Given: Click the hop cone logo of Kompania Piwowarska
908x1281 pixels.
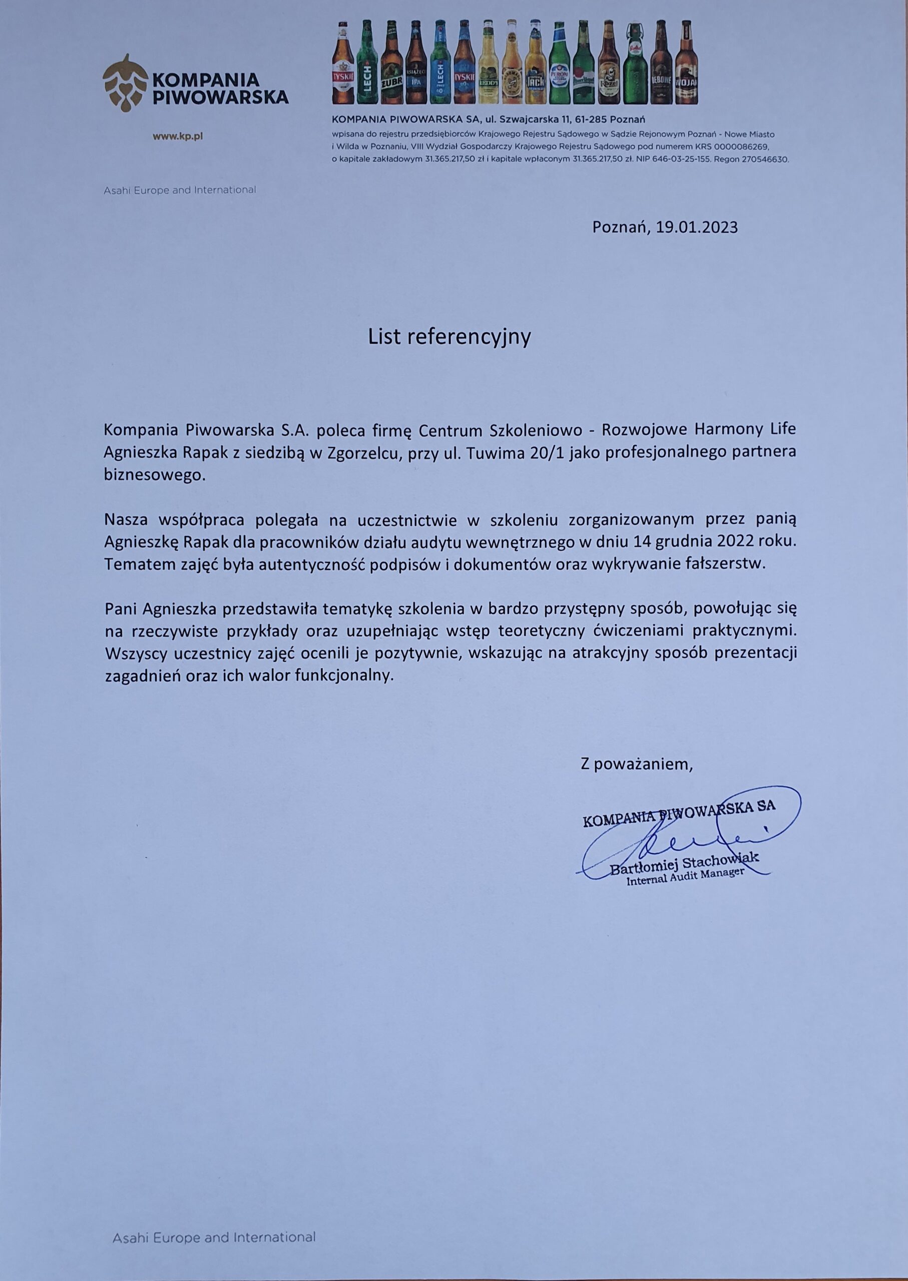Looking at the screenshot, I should point(124,83).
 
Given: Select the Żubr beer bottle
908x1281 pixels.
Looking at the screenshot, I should point(391,64).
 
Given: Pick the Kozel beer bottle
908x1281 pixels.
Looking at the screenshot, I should point(608,64).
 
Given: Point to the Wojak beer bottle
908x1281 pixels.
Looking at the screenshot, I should point(686,64).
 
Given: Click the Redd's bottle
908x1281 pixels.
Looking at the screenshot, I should point(488,64).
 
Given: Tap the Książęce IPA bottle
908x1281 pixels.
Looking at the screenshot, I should point(415,64).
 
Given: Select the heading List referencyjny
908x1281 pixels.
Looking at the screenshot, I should point(449,337).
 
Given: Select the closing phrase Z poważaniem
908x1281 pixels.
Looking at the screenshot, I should point(637,764).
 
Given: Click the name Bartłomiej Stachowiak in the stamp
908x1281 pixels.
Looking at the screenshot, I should point(684,864).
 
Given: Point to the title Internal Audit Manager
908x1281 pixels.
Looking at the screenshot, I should point(686,879).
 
